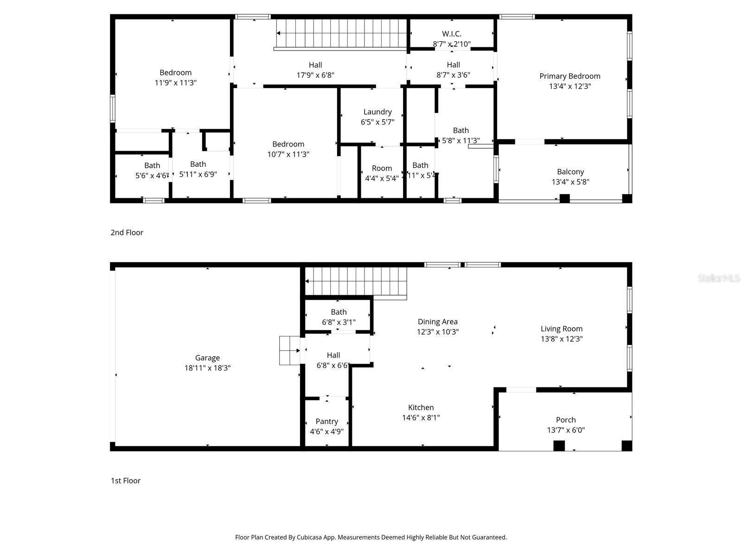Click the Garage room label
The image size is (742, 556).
click(207, 358)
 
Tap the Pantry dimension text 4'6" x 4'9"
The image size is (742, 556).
click(326, 431)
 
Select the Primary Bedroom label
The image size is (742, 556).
click(569, 76)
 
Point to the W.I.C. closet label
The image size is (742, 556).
click(451, 34)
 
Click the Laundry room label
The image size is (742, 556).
click(377, 112)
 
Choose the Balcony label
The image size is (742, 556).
click(570, 171)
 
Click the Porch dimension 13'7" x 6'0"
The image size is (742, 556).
click(566, 430)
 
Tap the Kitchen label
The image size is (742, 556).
click(421, 407)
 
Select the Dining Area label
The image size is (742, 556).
click(437, 322)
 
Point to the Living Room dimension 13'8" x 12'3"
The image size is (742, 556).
click(561, 339)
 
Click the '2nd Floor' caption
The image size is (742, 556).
click(127, 233)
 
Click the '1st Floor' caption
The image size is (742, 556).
click(125, 480)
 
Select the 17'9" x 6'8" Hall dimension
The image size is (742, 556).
click(315, 75)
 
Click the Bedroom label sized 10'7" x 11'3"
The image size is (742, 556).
click(288, 144)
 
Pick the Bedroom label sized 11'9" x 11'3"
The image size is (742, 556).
click(175, 73)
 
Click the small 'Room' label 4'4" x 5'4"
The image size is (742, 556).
click(382, 168)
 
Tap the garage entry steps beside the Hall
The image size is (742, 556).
click(289, 351)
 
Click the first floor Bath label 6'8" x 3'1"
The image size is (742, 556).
click(339, 312)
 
